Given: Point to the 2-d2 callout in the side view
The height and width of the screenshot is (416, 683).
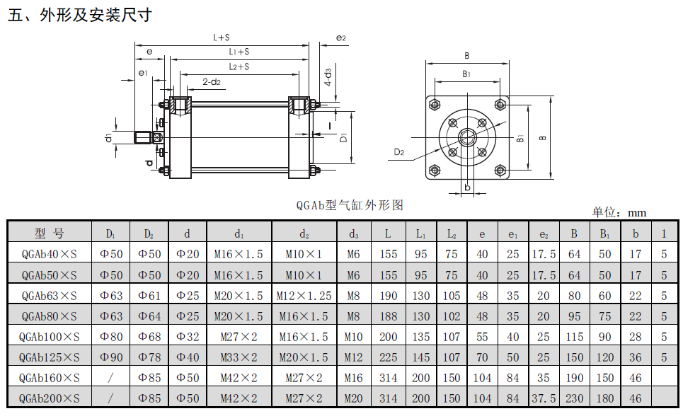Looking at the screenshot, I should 212,81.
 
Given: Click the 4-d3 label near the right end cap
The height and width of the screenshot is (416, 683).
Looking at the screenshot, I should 328,76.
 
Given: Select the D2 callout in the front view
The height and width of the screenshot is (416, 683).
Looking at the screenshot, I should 399,151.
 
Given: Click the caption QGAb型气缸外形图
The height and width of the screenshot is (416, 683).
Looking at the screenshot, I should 350,205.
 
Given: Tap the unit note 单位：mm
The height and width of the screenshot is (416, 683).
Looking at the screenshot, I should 619,212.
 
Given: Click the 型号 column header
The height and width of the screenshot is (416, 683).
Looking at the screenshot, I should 50,233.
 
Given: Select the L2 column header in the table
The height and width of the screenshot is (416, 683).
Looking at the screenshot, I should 451,233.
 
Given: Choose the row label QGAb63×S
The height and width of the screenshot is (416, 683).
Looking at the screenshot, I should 50,295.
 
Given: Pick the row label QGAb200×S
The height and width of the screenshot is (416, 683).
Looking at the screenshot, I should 50,398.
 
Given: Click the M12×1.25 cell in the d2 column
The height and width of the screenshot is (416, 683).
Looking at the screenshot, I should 304,295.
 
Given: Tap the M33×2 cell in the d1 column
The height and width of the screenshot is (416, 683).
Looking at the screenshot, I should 239,357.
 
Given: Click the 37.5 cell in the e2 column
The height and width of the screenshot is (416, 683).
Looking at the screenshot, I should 544,398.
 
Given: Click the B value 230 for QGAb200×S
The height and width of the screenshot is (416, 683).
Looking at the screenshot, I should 574,398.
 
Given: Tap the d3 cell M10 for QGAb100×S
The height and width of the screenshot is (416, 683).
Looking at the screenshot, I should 353,337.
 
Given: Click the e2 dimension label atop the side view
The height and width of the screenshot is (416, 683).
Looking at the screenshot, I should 341,37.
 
